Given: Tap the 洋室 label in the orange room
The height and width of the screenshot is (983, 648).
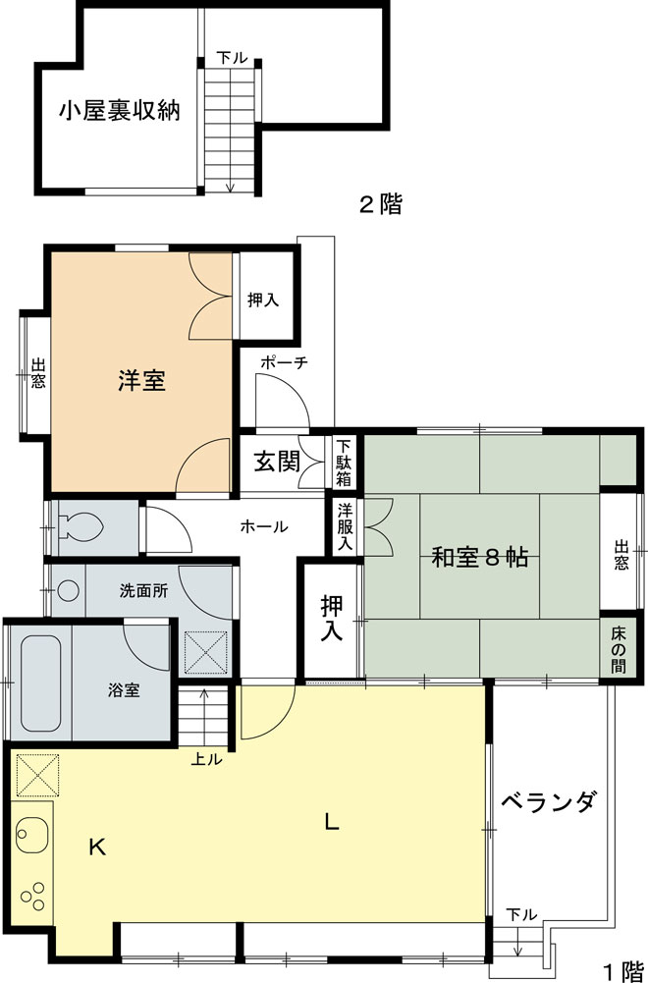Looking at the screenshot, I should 142,381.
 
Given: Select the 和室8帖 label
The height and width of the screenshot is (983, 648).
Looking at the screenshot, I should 480,558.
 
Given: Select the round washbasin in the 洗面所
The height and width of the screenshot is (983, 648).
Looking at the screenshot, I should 67,591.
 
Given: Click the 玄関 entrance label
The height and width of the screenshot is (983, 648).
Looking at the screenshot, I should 277,462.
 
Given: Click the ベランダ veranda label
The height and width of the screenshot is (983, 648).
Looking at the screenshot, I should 548,802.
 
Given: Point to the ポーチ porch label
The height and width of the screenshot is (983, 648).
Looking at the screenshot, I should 285,362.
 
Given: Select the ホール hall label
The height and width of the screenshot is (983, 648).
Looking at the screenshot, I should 264,526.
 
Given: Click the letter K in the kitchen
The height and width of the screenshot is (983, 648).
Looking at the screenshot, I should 97,846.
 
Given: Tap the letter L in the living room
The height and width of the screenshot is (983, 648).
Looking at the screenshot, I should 332,823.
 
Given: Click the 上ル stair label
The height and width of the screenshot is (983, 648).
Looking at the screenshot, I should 207,758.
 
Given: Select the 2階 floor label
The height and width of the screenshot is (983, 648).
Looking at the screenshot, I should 379,205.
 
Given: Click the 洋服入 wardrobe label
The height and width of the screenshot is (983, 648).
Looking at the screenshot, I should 345,526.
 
